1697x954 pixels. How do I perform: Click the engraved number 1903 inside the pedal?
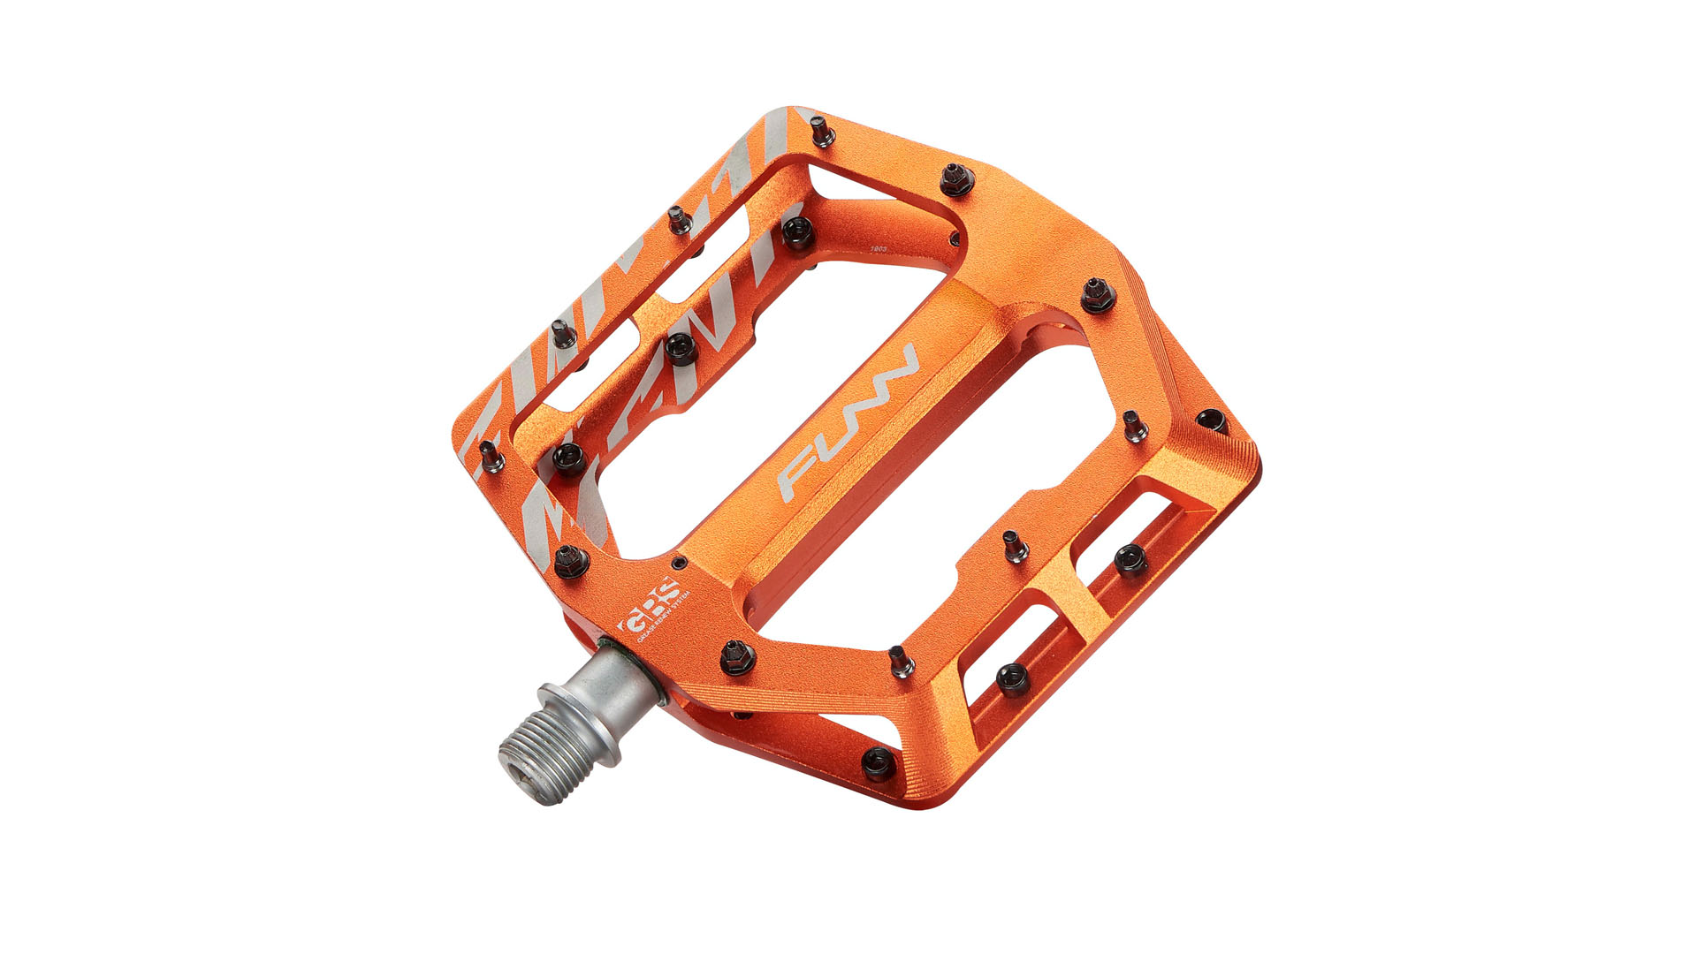click(879, 250)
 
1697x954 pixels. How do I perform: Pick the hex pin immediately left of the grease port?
click(569, 560)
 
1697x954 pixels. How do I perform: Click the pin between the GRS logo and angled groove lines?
click(735, 655)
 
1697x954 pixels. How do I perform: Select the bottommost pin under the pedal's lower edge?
click(879, 763)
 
